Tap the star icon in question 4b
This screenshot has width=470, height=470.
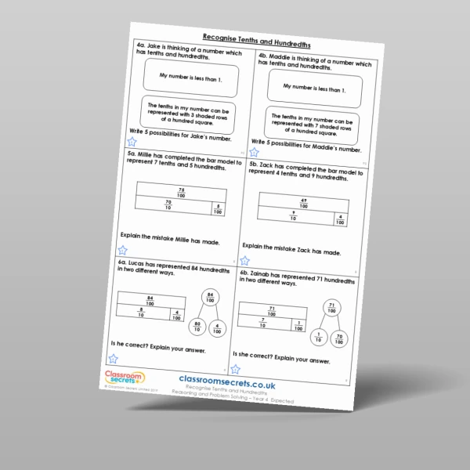coord(254,152)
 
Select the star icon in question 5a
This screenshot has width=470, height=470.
coord(122,251)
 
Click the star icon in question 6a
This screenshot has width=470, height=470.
coord(115,357)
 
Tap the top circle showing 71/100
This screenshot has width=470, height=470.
coord(332,308)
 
